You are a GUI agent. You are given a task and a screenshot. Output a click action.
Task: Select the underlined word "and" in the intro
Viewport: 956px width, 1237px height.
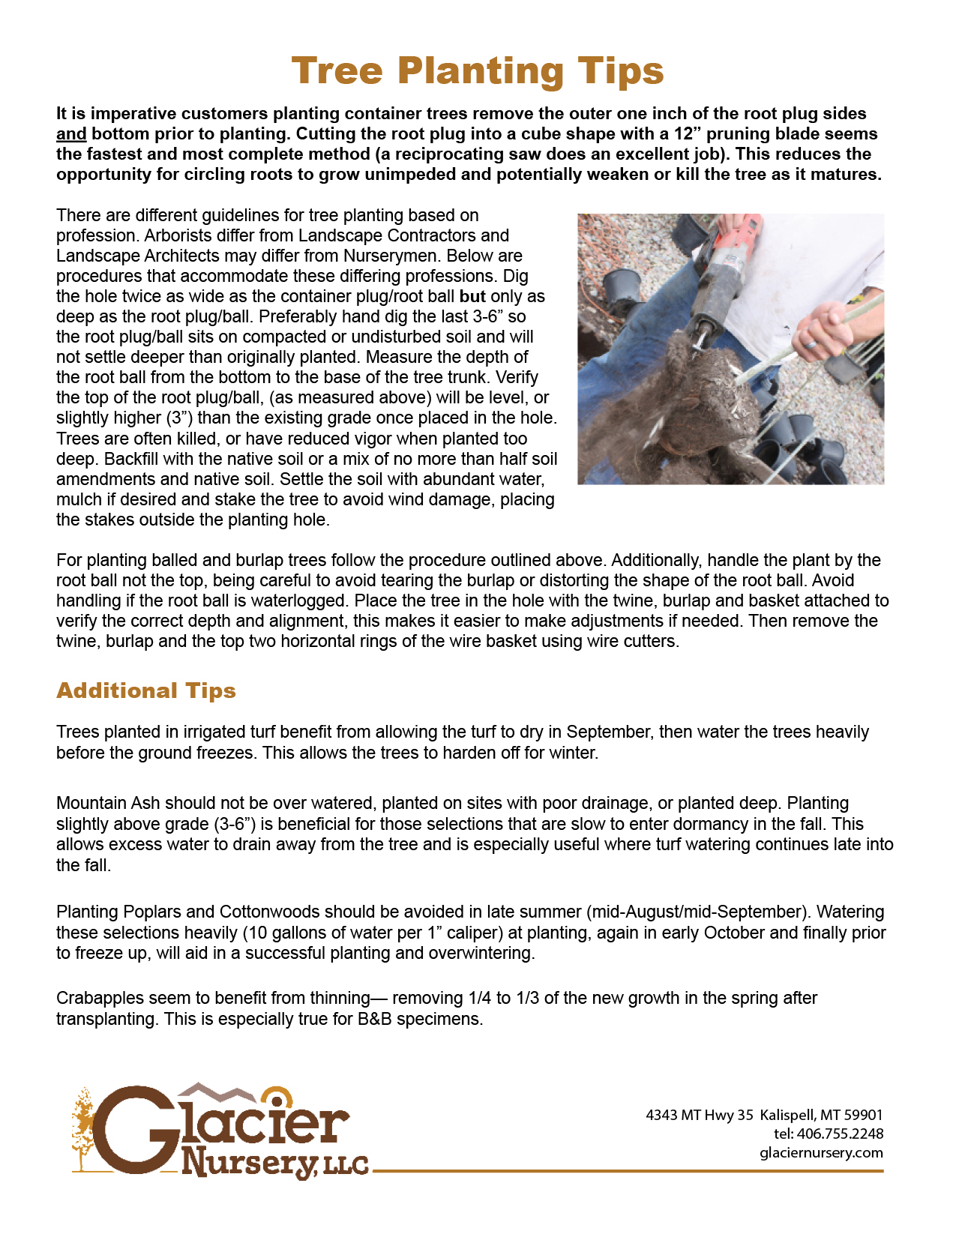pos(71,134)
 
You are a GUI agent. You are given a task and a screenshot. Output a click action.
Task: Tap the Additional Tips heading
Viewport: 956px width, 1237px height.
pos(146,690)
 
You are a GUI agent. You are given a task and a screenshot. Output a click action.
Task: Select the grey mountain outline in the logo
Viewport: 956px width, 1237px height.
pos(217,1092)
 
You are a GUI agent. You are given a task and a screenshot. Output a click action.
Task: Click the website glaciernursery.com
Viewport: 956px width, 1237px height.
pos(821,1153)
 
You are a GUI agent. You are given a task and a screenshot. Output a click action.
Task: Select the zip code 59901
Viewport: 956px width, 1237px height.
pos(864,1115)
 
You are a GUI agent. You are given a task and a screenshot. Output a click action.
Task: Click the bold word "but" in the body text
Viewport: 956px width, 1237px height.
pos(472,296)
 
